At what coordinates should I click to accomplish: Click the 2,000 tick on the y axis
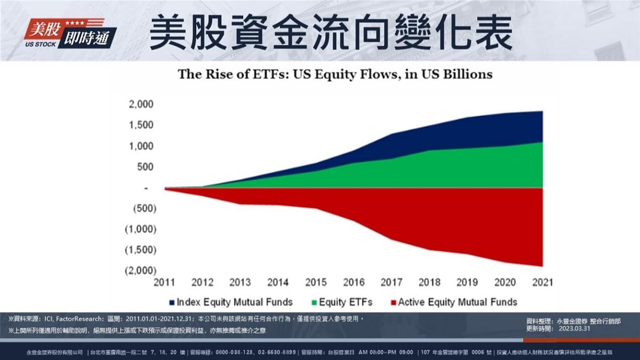pyautogui.click(x=141, y=104)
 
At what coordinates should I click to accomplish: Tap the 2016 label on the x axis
pyautogui.click(x=354, y=282)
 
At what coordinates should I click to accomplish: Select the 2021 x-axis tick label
pyautogui.click(x=542, y=282)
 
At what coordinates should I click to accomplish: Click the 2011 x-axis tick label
pyautogui.click(x=164, y=282)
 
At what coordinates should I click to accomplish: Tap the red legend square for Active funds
pyautogui.click(x=393, y=302)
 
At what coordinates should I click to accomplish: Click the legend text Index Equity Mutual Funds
pyautogui.click(x=235, y=302)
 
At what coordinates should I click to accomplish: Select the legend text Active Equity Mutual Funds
pyautogui.click(x=457, y=302)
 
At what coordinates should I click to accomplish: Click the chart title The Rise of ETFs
pyautogui.click(x=335, y=74)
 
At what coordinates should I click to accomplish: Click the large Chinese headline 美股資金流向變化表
pyautogui.click(x=331, y=33)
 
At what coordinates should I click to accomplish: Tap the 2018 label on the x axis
pyautogui.click(x=429, y=282)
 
